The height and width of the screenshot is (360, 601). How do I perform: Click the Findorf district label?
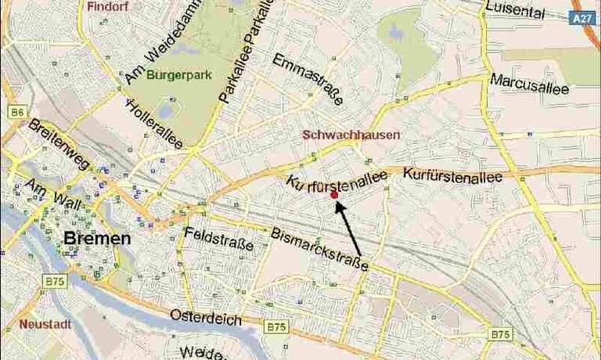coord(107,5)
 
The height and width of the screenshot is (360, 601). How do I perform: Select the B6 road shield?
coord(17,113)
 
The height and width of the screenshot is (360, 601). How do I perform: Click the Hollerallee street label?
coord(155,124)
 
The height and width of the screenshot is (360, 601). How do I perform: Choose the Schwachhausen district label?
coord(351,135)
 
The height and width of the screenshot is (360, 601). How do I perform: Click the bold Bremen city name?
coord(96,239)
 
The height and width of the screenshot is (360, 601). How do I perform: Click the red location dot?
coord(334,194)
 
